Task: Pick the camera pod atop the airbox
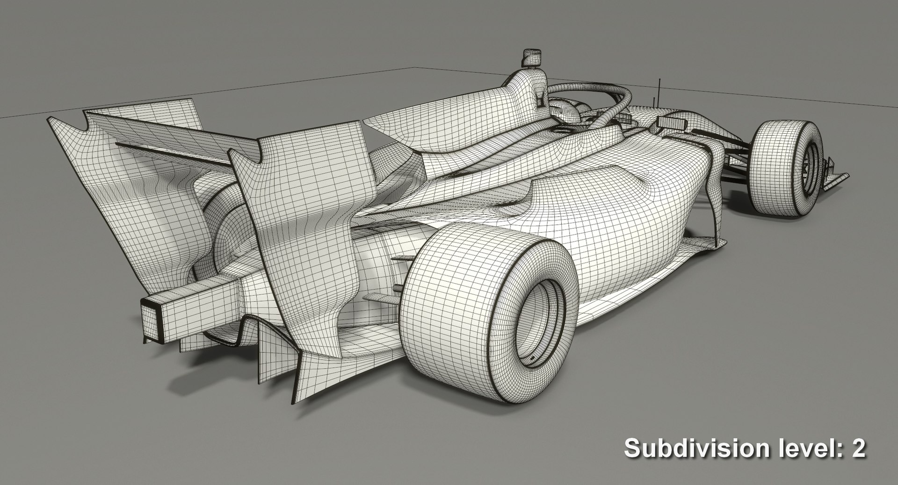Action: [x=531, y=57]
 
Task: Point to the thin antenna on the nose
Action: [x=659, y=91]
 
